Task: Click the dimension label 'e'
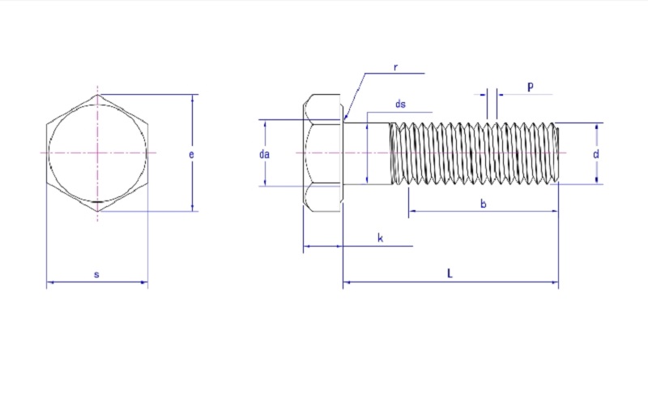[191, 153]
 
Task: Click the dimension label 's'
[96, 275]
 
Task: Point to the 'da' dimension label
[264, 153]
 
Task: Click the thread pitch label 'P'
[530, 87]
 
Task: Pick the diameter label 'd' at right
[596, 153]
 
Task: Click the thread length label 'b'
[484, 204]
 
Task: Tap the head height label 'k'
[380, 238]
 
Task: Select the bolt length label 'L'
[450, 274]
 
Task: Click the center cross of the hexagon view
[97, 153]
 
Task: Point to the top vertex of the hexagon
[97, 95]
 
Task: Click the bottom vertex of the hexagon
[97, 211]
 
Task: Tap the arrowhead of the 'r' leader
[346, 119]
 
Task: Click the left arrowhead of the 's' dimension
[49, 282]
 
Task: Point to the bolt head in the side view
[323, 153]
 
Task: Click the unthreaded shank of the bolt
[369, 153]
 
